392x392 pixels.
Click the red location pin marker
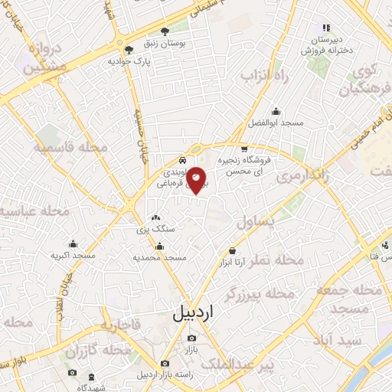pos(197,179)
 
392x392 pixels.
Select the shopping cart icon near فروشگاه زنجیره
pos(244,149)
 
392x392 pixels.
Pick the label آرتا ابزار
pos(232,262)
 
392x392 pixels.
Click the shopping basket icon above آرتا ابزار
pos(232,250)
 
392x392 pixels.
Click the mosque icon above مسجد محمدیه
pos(159,246)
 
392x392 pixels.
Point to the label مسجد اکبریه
pos(73,255)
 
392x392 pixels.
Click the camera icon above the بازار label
pos(191,338)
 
